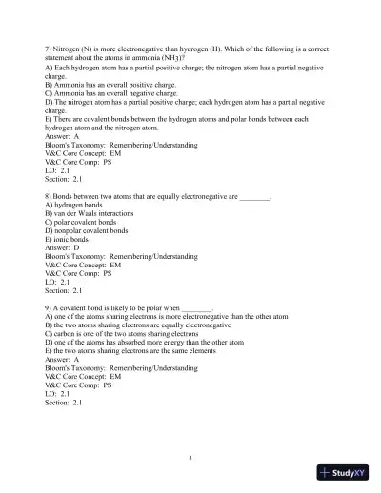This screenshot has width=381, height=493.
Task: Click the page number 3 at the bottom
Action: click(x=190, y=458)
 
